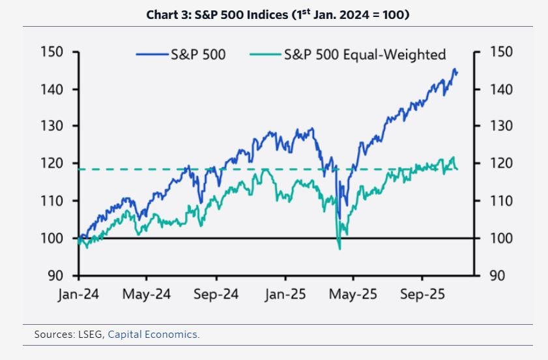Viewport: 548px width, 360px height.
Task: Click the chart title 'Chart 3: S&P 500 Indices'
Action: coord(274,14)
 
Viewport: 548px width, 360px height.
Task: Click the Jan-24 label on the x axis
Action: coord(78,295)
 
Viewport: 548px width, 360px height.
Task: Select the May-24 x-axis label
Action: coord(147,295)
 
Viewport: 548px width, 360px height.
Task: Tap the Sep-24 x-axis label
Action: coord(216,295)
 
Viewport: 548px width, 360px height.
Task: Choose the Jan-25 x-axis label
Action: coord(285,295)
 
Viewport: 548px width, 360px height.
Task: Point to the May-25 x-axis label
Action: coord(353,295)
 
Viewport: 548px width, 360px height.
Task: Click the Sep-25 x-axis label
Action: coord(422,295)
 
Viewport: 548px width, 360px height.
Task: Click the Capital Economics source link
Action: coord(154,335)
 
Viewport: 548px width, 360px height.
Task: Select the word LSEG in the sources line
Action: coord(92,335)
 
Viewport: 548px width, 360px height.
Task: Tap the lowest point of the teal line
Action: coord(339,248)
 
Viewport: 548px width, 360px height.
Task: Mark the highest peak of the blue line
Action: coord(454,69)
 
